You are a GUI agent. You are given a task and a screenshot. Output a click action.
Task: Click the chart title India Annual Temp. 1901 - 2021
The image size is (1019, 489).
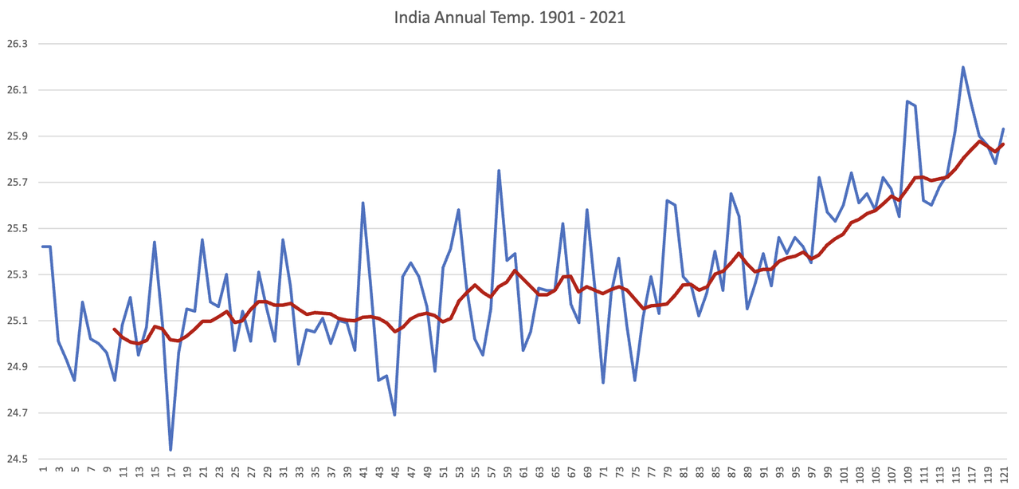[x=509, y=17]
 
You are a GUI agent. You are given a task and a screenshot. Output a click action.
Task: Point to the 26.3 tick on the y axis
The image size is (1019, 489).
[x=16, y=44]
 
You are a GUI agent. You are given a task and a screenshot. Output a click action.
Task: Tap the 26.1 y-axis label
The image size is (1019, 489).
[x=16, y=90]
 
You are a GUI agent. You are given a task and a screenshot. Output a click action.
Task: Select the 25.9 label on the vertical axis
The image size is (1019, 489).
[x=16, y=136]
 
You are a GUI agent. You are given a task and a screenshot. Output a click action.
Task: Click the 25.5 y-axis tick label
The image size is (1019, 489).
[x=16, y=229]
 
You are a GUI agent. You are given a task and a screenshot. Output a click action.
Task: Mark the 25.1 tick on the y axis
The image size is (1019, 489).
[x=16, y=321]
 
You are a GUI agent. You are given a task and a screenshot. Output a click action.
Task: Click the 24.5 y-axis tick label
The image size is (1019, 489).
[x=16, y=459]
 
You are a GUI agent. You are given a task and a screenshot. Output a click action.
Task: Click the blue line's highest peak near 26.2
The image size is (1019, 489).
[x=963, y=67]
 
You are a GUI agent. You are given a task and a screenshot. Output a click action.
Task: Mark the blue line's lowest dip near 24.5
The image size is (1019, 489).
[x=170, y=450]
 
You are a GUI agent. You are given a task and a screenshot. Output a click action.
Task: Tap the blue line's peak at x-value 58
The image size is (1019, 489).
[x=499, y=171]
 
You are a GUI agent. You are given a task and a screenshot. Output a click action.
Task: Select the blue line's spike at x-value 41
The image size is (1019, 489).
[x=363, y=203]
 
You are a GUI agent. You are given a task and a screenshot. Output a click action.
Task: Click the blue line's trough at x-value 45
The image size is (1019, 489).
[x=395, y=415]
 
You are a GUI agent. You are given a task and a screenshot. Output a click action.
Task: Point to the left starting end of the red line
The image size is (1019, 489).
[x=114, y=329]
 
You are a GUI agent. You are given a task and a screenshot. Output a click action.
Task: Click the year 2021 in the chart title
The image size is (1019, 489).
[x=608, y=17]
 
